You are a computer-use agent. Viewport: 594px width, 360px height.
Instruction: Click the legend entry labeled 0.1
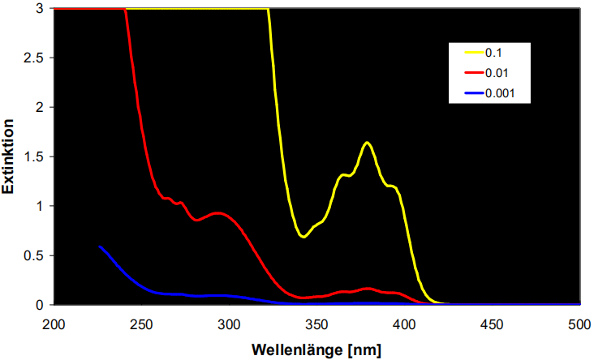point(494,53)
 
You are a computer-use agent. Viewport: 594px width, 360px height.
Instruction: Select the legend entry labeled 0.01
point(497,73)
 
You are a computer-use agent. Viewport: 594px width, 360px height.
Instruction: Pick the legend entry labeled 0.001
point(499,93)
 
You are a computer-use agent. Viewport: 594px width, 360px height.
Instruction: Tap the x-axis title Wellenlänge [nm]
point(316,350)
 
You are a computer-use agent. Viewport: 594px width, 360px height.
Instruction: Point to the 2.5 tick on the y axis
point(35,58)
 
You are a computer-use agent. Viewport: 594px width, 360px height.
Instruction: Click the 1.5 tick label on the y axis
point(35,156)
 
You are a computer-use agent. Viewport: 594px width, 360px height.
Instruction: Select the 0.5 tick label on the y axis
point(35,255)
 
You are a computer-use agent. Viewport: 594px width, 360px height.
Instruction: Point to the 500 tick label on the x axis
point(579,324)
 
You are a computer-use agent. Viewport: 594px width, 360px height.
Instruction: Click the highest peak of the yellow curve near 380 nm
point(368,143)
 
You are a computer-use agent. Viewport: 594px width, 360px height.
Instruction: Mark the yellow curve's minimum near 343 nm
point(303,237)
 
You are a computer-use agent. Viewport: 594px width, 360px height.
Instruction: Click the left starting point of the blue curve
point(99,246)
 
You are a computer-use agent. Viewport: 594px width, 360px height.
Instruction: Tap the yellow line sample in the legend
point(473,53)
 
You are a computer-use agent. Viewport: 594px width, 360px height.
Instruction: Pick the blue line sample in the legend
point(473,93)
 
